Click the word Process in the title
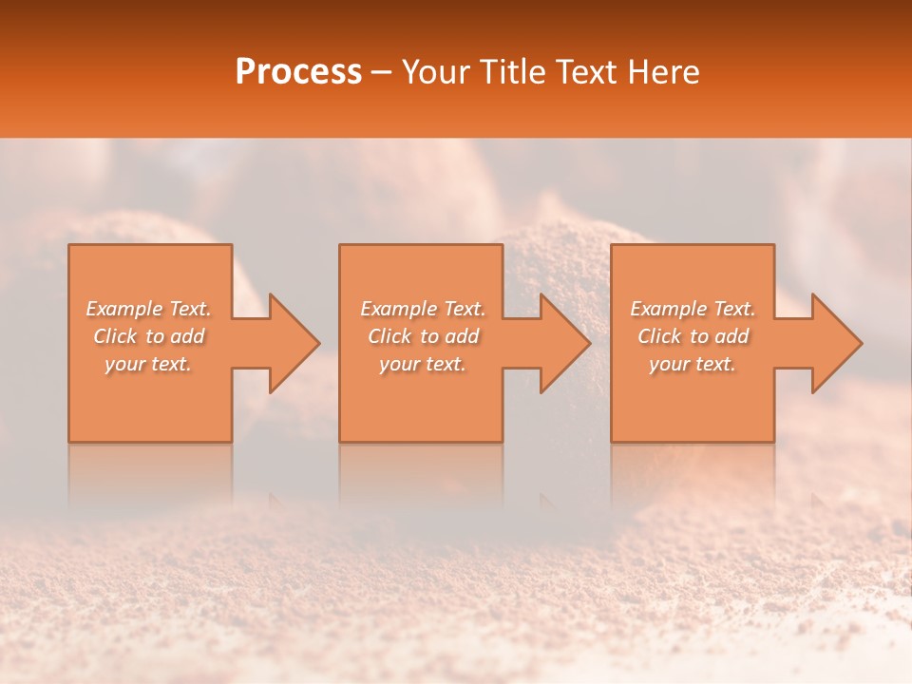[x=298, y=71]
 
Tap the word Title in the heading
[x=517, y=71]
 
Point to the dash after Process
[x=382, y=73]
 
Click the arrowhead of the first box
[x=291, y=343]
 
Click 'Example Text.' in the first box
[x=149, y=309]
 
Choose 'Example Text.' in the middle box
[x=423, y=309]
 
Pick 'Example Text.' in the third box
[x=693, y=309]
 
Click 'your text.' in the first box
[x=149, y=364]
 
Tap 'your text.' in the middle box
[x=423, y=364]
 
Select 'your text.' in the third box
[x=693, y=364]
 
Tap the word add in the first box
[x=188, y=336]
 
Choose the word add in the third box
[x=732, y=336]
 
